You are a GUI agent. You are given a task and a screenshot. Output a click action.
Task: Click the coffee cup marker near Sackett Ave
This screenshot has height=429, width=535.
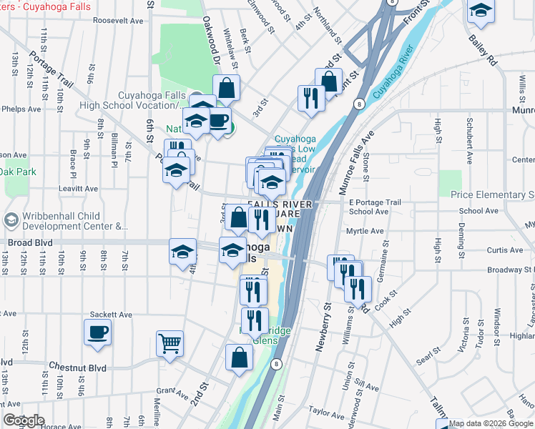pos(98,332)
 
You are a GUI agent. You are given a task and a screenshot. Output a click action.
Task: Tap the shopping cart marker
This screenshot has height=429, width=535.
pos(170,344)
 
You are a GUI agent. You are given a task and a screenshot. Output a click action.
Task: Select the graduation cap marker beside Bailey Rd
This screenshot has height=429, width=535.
pos(481,11)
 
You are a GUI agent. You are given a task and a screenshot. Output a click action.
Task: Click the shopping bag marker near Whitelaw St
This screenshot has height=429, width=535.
pos(226,89)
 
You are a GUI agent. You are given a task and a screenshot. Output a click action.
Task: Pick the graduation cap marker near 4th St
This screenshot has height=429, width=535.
pos(183,252)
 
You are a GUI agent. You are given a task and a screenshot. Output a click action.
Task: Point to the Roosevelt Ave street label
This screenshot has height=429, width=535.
pos(119,21)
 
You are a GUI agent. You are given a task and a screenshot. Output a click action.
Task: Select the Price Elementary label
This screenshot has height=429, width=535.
pos(492,194)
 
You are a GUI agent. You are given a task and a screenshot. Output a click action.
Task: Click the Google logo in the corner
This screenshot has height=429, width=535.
pos(24,420)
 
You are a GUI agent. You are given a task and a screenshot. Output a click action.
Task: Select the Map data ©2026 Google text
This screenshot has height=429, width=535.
pos(491,423)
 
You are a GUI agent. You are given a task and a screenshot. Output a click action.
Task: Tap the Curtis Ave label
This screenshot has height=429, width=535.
pos(505,250)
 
